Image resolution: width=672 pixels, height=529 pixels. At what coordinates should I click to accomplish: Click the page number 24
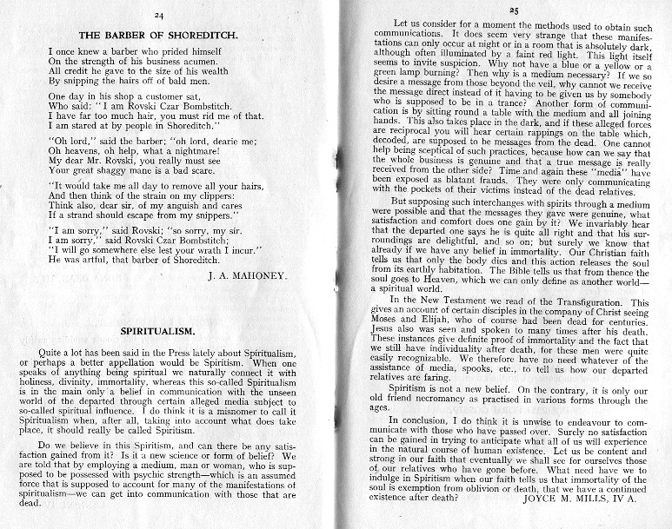tap(159, 17)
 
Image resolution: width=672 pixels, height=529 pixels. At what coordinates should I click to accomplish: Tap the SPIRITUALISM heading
tap(157, 331)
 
